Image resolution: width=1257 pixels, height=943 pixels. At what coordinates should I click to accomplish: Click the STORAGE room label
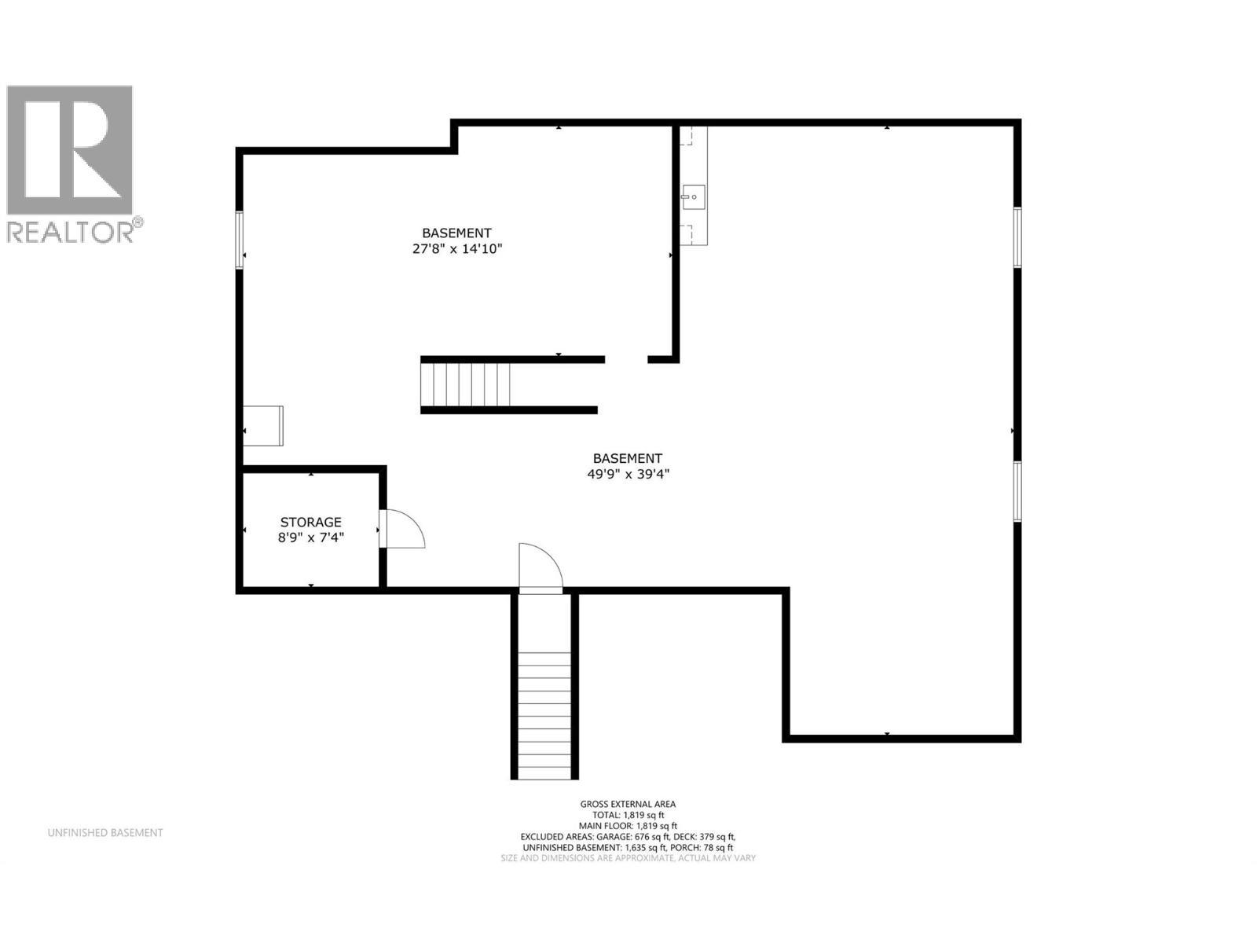tap(311, 522)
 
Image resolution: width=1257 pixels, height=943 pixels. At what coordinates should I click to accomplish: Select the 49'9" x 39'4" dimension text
tap(628, 474)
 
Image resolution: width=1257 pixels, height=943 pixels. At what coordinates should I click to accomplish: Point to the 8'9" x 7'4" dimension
tap(311, 538)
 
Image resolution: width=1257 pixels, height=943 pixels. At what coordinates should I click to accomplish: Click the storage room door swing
tap(404, 529)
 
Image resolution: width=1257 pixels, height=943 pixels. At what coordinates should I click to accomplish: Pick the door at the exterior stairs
tap(541, 567)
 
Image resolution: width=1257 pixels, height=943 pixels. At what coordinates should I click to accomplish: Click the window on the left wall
tap(240, 240)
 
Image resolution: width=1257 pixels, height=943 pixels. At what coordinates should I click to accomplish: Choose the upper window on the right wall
tap(1017, 237)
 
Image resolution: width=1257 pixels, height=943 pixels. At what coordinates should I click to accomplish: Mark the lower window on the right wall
tap(1017, 491)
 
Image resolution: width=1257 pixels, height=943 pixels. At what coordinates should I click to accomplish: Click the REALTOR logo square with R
tap(70, 150)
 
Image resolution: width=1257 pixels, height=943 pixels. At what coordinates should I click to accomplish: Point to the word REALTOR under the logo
tap(71, 232)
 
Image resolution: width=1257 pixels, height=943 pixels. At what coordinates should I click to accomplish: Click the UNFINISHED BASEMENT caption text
tap(105, 833)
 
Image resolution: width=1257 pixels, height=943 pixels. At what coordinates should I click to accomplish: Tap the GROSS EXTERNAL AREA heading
tap(628, 804)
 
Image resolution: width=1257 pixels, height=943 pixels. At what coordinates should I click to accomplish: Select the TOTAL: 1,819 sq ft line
tap(628, 815)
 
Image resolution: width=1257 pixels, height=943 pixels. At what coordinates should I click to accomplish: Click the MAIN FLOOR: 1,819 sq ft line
tap(628, 826)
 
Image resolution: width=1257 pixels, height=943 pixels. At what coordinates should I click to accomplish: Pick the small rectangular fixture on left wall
tap(263, 425)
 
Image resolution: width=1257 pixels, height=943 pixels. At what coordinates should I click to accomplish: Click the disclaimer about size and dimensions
tap(628, 858)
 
